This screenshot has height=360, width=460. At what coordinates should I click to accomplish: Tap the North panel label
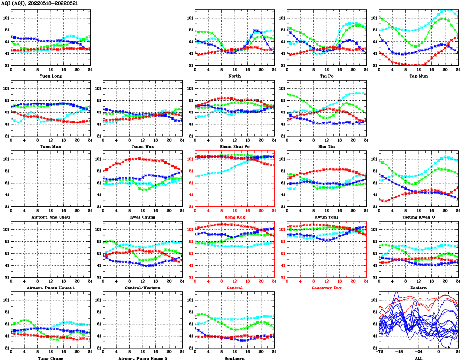(x=235, y=76)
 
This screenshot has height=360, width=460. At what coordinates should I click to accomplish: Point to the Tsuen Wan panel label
(x=143, y=146)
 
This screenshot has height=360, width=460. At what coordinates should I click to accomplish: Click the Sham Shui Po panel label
(x=235, y=146)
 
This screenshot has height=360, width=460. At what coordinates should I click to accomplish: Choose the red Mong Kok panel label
(x=235, y=217)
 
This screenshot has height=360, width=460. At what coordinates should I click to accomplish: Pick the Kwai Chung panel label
(x=143, y=217)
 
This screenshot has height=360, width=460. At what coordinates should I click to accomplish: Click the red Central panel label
(x=235, y=288)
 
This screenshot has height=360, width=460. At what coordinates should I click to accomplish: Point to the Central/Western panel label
(x=143, y=288)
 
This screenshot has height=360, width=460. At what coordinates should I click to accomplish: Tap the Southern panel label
(x=235, y=358)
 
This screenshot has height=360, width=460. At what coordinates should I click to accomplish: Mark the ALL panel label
(x=419, y=358)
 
